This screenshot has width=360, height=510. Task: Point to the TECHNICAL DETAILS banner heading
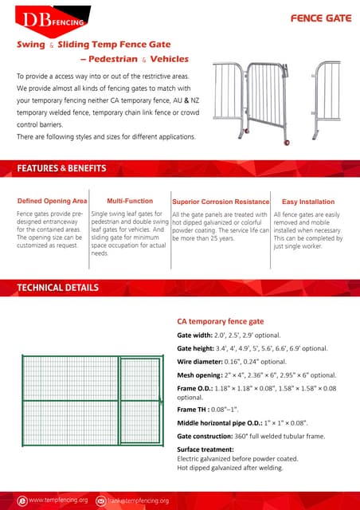58,287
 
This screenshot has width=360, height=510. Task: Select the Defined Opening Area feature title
52,202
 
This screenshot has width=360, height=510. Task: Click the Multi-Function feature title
130,202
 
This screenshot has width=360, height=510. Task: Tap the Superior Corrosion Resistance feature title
221,202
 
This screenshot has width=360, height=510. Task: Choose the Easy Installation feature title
308,202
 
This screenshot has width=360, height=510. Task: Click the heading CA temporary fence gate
220,321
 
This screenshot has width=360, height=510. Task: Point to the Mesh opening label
200,375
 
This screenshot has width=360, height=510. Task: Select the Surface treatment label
205,449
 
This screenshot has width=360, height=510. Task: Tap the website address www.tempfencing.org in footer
58,500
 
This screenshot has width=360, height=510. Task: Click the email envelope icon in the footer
101,500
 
